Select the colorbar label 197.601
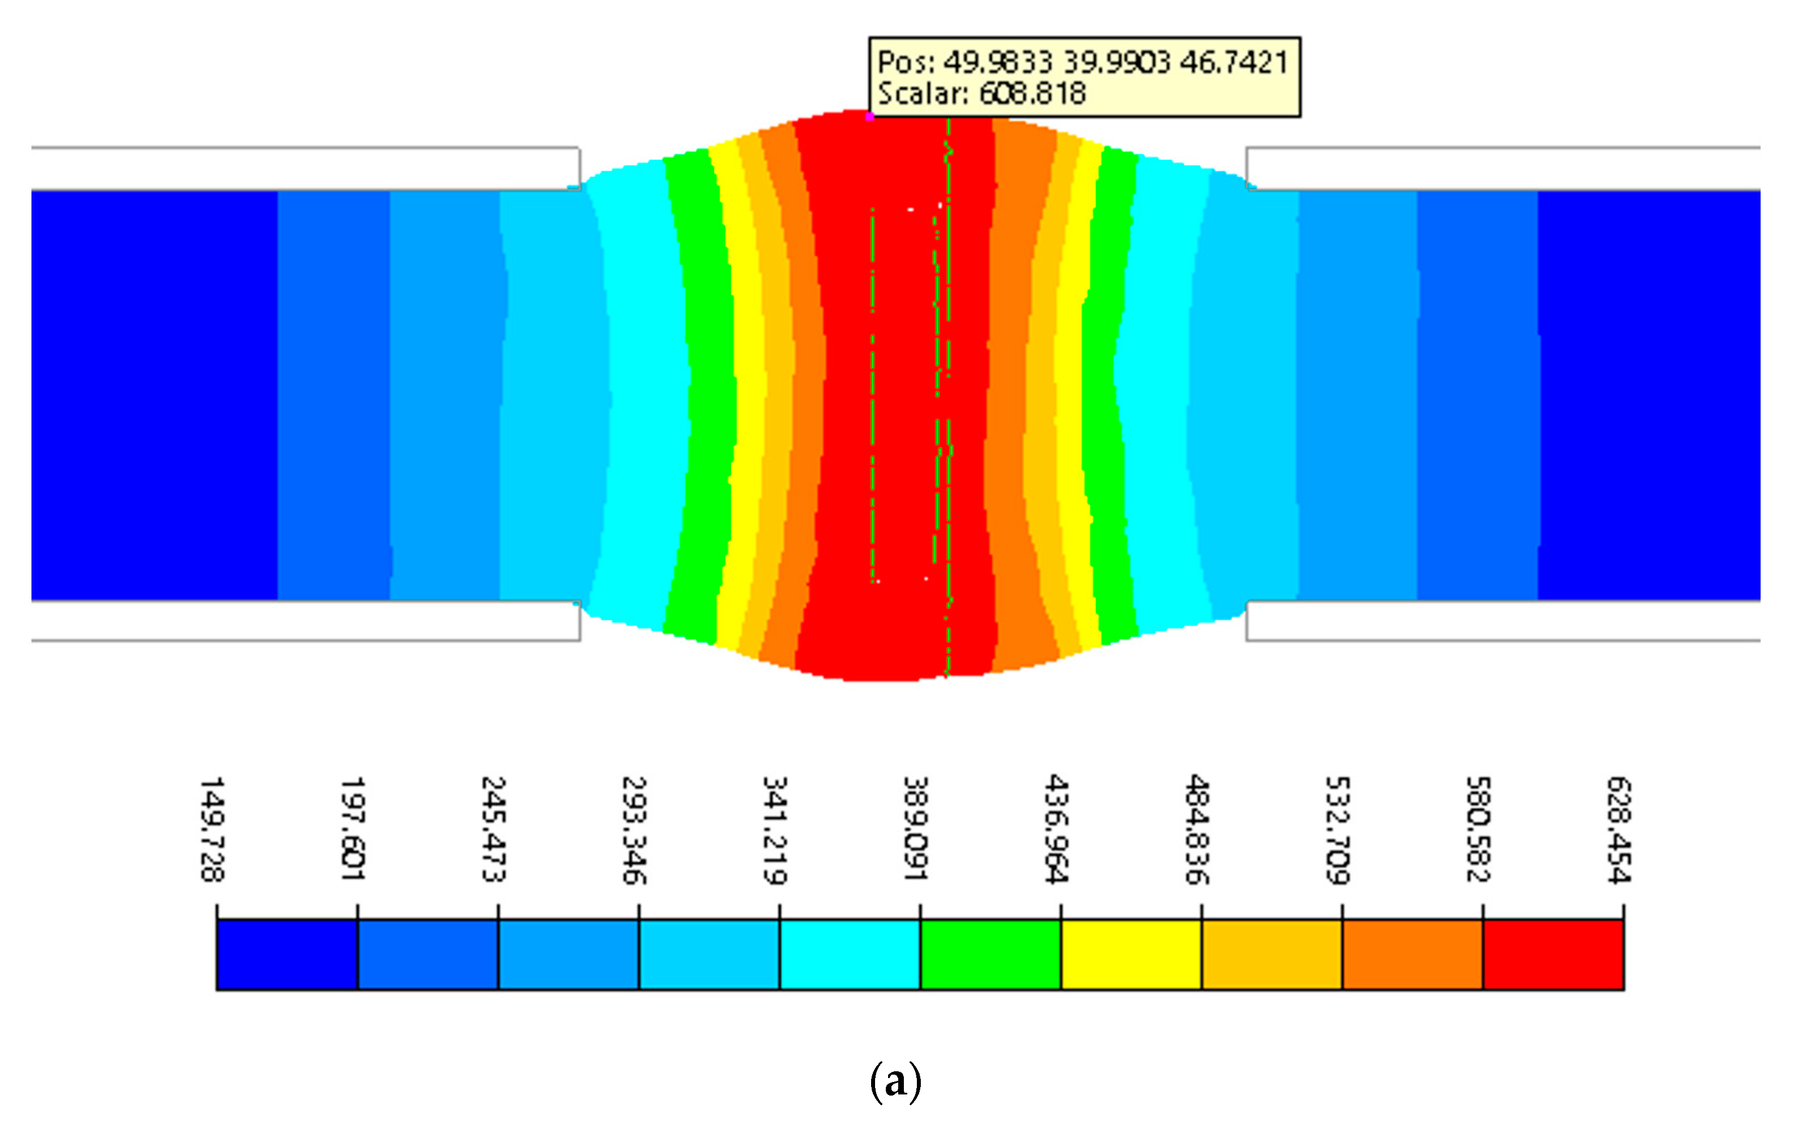[x=353, y=830]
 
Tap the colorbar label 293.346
[x=634, y=830]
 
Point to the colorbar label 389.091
[x=916, y=830]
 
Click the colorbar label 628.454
[x=1620, y=830]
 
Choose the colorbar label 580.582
[x=1478, y=830]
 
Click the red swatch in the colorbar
[x=1553, y=955]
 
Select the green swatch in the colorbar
[x=990, y=955]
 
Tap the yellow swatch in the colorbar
[x=1130, y=955]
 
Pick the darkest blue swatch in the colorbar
[x=288, y=955]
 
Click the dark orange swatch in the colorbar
[x=1412, y=955]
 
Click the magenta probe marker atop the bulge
[x=869, y=116]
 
